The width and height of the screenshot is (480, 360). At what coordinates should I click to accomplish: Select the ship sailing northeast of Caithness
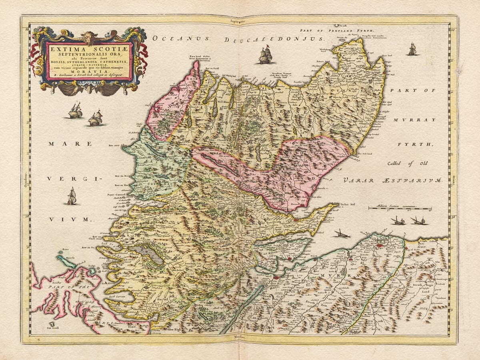point(412,49)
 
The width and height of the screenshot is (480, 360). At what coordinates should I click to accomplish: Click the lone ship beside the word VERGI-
point(72,196)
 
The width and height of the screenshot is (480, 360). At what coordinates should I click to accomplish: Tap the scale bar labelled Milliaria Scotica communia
point(400,208)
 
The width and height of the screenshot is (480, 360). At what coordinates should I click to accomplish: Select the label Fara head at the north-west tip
point(195,57)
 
